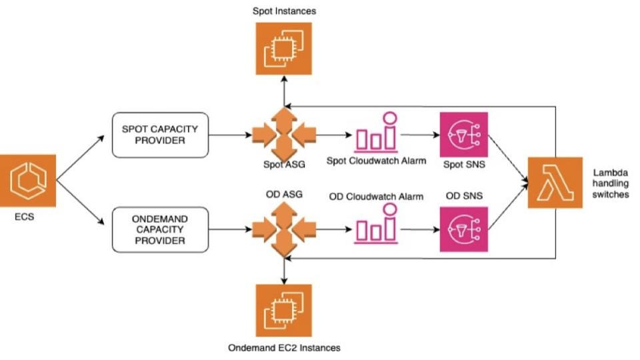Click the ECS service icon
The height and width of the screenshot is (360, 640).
point(29,181)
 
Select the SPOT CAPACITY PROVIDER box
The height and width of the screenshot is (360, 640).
point(160,135)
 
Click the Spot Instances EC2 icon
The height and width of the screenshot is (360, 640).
point(284,48)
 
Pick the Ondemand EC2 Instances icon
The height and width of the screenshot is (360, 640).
point(284,310)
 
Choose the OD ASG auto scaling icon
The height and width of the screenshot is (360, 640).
point(284,230)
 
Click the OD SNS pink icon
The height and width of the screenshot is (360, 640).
point(464,229)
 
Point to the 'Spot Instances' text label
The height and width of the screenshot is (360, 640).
point(284,11)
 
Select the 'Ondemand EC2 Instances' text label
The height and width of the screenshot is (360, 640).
point(284,348)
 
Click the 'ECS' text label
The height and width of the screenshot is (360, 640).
point(29,217)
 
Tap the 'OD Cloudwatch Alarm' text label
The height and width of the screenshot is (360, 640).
point(377,197)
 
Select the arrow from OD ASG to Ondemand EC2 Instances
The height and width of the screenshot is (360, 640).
point(285,270)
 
